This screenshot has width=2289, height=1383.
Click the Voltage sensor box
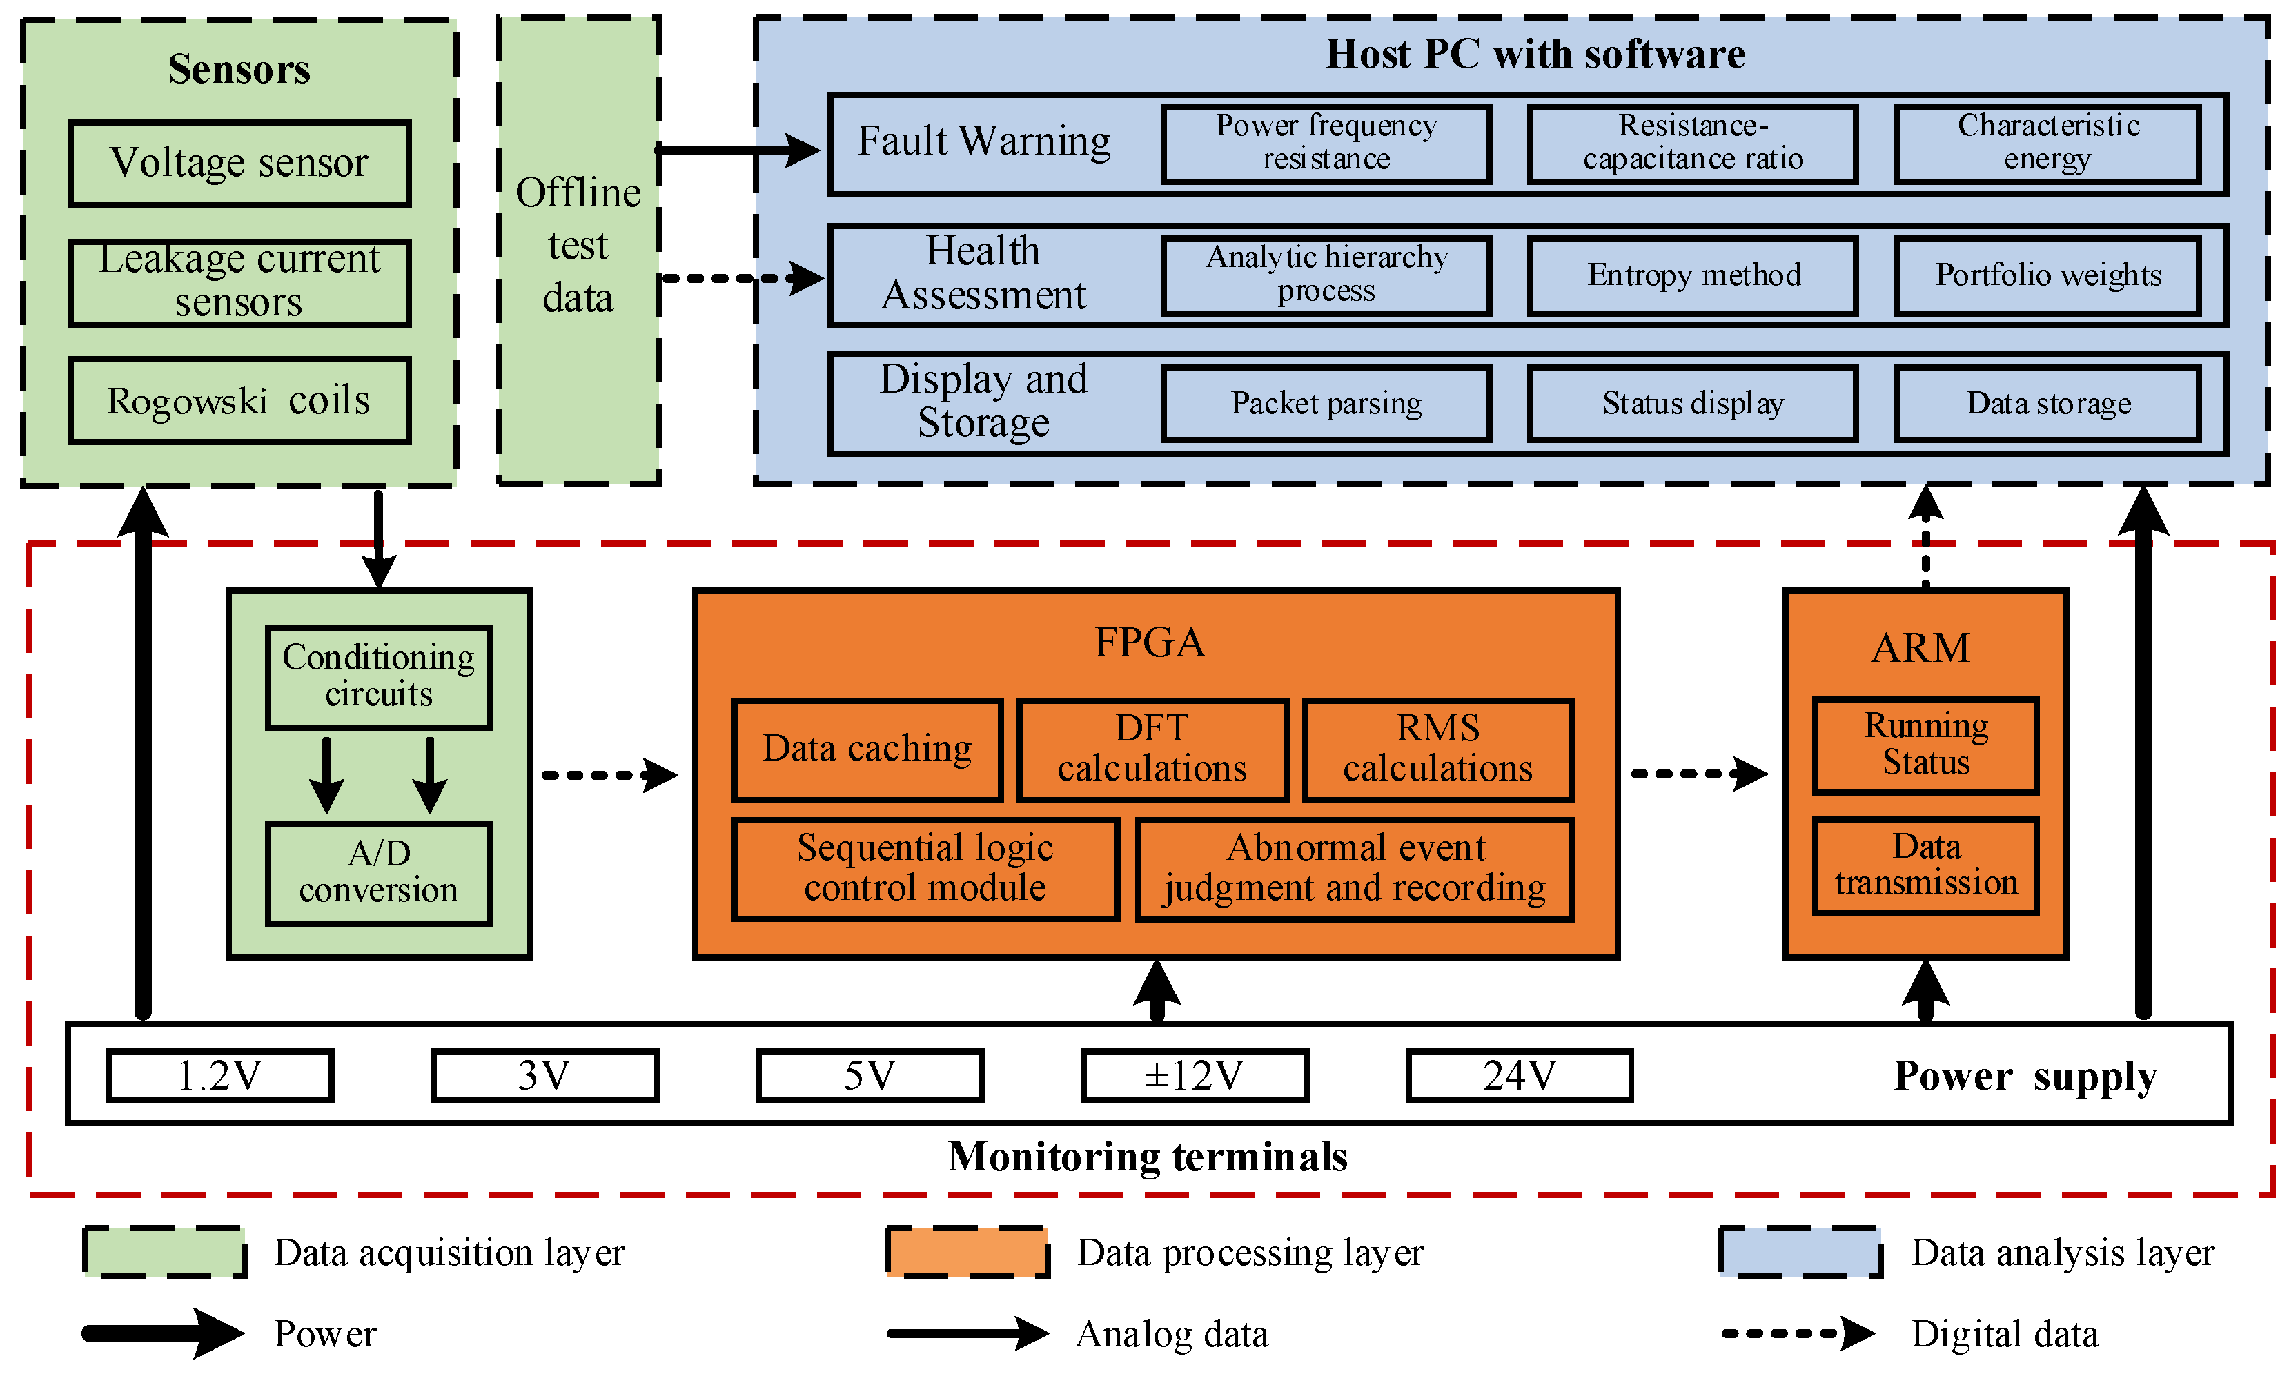coord(239,163)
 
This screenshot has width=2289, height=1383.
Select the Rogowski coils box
coord(239,400)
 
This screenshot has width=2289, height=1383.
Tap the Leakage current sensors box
coord(239,282)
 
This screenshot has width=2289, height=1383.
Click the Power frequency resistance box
coord(1326,143)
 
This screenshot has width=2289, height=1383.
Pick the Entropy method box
coord(1693,275)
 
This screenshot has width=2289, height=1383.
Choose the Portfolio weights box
coord(2047,275)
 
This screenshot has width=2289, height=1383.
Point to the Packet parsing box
coord(1326,403)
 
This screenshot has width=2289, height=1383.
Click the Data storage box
coord(2047,403)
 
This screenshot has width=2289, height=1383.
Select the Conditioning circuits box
coord(378,676)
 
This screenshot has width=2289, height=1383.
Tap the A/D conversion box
coord(378,872)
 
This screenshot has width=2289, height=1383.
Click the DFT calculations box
coord(1152,749)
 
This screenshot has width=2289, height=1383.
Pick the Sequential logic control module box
coord(925,868)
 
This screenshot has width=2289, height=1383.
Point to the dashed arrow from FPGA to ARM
coord(1698,773)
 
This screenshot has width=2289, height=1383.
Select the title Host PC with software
coord(1535,54)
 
